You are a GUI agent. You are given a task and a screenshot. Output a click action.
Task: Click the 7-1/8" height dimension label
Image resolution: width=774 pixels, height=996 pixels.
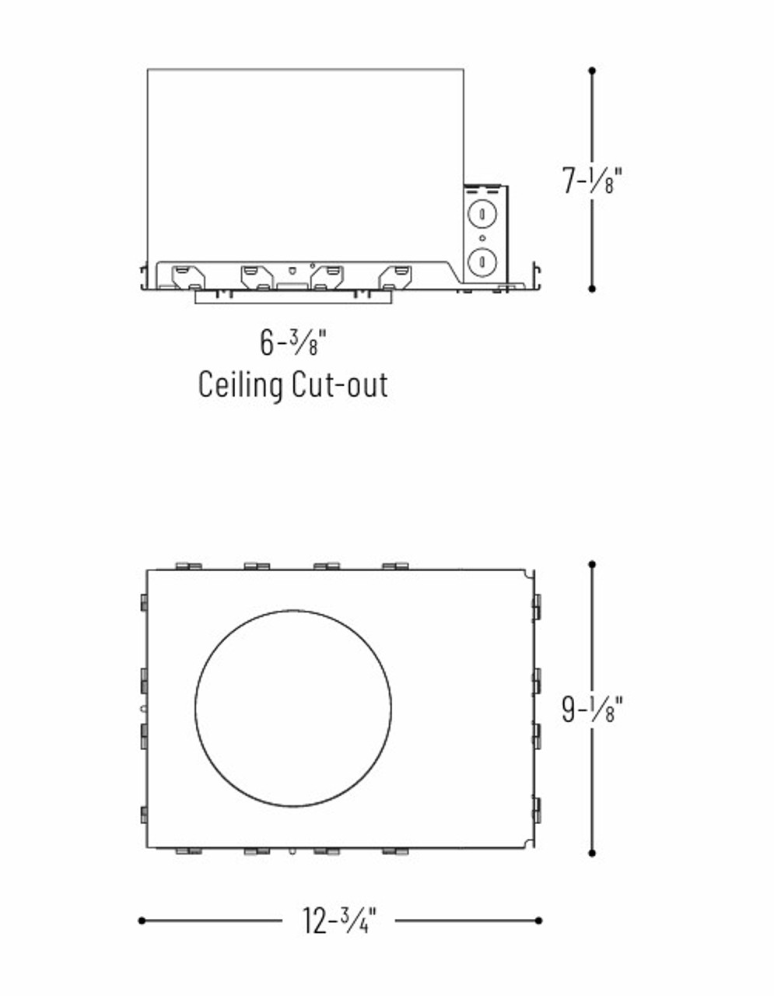(x=593, y=181)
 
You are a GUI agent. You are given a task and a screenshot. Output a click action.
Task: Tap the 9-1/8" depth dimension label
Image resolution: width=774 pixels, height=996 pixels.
(x=593, y=708)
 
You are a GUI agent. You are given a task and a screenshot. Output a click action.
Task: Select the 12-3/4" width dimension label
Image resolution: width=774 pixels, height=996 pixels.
(x=339, y=921)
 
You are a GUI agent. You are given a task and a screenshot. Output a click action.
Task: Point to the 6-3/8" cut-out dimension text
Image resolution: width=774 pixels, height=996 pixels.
(x=292, y=342)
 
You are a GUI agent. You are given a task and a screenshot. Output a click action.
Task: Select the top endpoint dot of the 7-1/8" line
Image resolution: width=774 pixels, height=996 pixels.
(x=592, y=71)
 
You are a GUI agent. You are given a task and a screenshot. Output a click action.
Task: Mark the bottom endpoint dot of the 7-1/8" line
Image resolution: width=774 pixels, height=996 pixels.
(x=592, y=289)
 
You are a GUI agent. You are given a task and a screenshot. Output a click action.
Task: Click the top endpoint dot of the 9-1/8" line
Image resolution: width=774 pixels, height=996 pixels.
(x=592, y=564)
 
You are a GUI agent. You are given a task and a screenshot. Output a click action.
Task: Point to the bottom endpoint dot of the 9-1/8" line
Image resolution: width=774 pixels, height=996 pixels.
(x=592, y=853)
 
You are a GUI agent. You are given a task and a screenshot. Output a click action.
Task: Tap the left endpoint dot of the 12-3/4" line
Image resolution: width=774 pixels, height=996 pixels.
(x=142, y=921)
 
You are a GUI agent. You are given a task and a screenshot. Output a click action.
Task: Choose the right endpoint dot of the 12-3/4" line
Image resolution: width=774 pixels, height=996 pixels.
(x=538, y=921)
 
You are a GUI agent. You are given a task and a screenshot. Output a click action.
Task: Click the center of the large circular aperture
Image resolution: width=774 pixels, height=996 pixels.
(x=293, y=708)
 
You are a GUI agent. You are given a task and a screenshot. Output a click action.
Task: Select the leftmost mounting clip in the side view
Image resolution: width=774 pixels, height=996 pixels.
(x=187, y=276)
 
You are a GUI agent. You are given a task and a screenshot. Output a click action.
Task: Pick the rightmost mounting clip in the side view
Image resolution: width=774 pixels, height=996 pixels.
(x=396, y=276)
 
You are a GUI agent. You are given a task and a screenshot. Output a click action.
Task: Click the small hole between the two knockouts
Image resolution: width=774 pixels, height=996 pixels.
(x=483, y=237)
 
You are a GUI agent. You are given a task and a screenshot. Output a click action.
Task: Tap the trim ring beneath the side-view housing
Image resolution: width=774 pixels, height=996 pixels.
(x=292, y=296)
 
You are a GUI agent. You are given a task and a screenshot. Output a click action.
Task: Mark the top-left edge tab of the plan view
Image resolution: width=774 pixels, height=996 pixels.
(x=188, y=566)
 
